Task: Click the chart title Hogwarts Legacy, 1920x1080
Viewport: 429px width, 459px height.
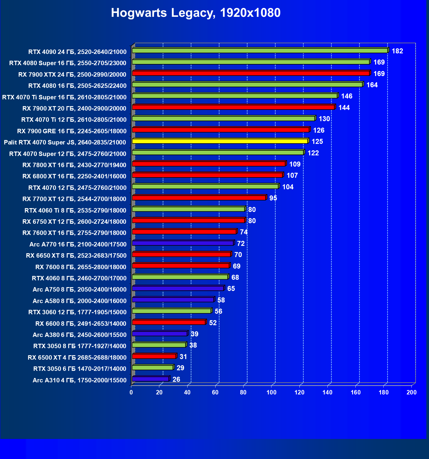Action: click(196, 13)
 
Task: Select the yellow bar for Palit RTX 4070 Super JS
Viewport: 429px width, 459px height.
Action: click(220, 141)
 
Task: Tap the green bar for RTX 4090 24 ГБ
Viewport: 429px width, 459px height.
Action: click(260, 51)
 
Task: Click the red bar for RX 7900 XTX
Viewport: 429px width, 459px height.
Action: click(251, 73)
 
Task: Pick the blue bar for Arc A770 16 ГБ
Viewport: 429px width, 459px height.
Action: click(183, 243)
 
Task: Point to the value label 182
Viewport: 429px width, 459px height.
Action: click(397, 51)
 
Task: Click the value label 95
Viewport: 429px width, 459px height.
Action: click(273, 198)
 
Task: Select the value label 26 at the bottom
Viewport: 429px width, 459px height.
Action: click(176, 379)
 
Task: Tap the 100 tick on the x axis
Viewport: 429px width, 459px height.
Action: click(271, 392)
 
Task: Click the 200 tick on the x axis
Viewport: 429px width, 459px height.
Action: click(411, 392)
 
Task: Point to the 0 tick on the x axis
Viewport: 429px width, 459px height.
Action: click(131, 392)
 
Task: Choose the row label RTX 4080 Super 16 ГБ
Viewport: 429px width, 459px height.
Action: click(68, 63)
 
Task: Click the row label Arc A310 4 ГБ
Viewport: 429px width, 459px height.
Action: click(79, 380)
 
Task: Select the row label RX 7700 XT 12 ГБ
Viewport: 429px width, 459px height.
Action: click(74, 199)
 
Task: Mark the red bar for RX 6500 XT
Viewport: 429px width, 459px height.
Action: click(154, 356)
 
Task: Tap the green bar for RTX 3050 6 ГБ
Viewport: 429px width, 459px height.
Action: click(153, 368)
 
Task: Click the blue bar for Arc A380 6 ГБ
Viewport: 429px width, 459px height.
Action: click(160, 334)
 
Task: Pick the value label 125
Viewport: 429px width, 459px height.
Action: click(317, 142)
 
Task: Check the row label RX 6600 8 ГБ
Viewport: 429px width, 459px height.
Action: click(81, 324)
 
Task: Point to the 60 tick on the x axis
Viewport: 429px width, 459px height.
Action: click(215, 392)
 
